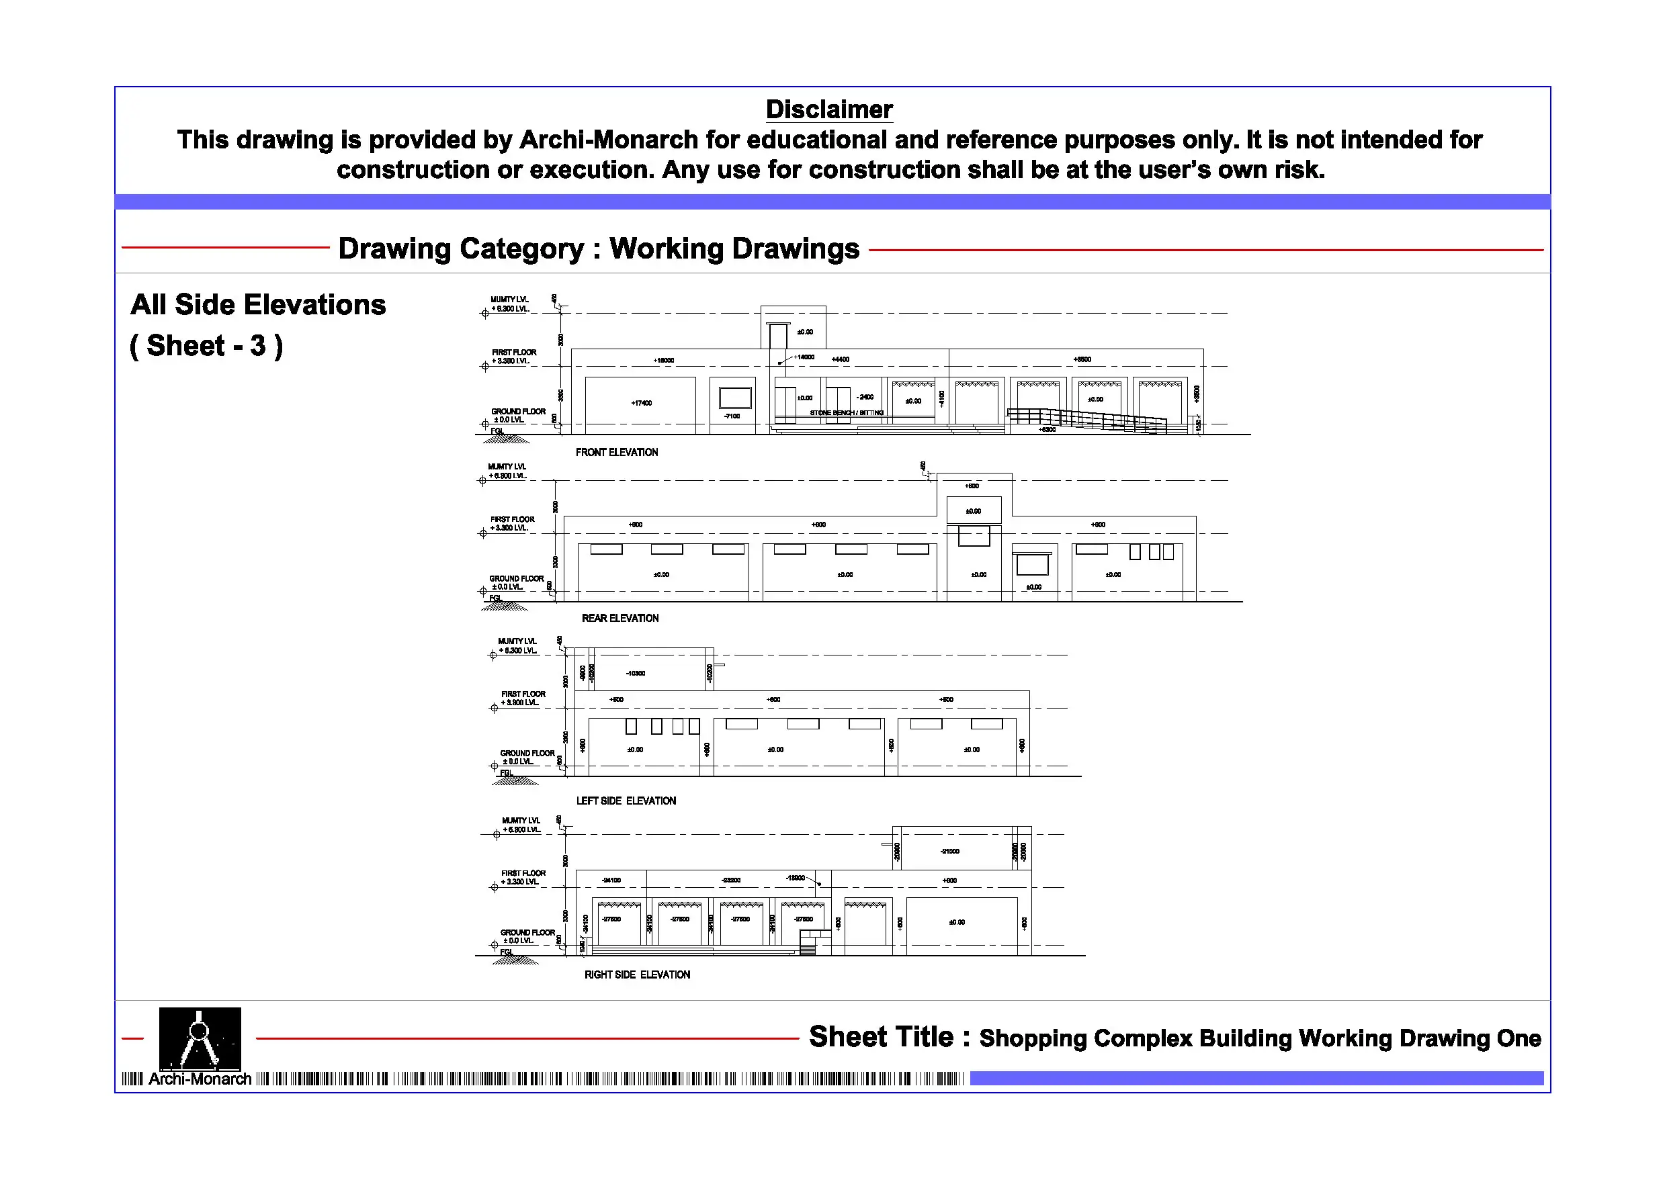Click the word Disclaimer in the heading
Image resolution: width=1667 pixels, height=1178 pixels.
828,109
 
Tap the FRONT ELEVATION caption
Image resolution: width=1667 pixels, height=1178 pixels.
616,452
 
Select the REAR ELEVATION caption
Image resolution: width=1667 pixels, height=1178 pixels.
620,619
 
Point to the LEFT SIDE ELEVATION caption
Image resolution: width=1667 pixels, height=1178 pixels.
626,801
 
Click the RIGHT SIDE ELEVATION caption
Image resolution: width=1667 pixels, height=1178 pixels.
637,975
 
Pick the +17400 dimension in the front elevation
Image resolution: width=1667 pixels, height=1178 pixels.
641,403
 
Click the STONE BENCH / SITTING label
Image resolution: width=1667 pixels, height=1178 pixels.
847,413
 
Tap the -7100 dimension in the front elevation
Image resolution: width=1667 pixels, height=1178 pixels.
732,416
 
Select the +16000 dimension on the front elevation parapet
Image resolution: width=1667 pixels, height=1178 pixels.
664,360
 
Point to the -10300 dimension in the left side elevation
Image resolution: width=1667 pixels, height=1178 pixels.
636,674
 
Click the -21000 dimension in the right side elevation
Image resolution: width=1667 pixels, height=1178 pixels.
949,852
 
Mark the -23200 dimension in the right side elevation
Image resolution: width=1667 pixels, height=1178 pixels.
730,880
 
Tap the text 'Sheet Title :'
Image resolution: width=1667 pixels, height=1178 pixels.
889,1037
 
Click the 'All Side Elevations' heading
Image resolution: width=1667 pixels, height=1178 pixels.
258,305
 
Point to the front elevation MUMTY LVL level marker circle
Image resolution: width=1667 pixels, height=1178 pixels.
485,314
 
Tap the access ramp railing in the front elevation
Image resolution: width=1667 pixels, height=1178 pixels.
1087,419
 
